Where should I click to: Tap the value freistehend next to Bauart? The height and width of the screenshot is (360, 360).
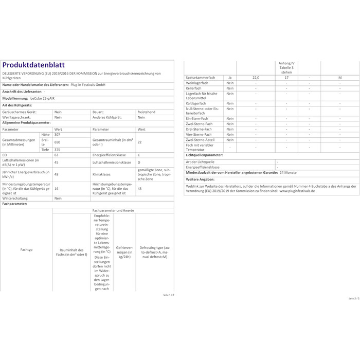[147, 111]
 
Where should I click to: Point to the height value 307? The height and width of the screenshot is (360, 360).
[58, 135]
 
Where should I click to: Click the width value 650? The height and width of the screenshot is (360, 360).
[58, 141]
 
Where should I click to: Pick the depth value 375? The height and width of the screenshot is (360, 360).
[58, 150]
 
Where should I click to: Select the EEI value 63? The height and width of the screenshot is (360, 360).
[57, 154]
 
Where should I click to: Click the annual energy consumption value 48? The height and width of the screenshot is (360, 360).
[57, 174]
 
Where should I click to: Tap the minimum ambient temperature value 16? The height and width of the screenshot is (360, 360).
[57, 189]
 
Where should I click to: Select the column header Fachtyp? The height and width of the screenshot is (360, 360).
[27, 249]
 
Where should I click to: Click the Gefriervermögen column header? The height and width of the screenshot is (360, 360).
[124, 250]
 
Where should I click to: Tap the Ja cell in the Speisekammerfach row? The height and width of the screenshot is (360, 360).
[230, 77]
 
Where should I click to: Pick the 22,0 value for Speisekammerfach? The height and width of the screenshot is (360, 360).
[256, 77]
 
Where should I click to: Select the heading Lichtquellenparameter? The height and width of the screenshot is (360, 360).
[204, 154]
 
